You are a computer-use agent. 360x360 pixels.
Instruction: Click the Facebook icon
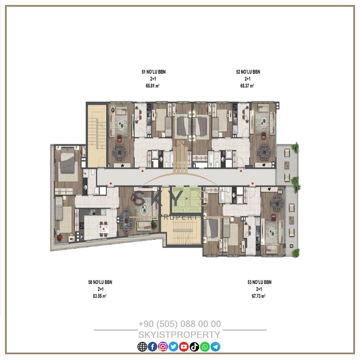point(153,347)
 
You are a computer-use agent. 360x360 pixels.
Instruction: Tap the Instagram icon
point(163,347)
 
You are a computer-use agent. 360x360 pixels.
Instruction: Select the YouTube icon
point(184,347)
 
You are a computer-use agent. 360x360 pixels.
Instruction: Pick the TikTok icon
point(194,347)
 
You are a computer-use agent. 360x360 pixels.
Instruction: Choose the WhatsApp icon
point(205,347)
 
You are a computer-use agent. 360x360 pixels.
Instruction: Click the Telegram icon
point(215,347)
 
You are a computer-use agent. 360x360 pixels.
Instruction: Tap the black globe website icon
point(142,347)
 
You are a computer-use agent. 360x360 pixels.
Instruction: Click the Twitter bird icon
point(173,347)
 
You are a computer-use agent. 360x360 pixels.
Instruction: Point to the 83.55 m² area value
point(100,296)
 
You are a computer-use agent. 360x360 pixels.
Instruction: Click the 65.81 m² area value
point(153,86)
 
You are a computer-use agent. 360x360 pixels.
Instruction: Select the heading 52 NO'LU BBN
point(248,72)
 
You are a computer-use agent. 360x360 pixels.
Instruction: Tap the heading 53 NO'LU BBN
point(260,282)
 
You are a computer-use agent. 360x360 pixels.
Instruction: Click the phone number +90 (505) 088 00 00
point(180,324)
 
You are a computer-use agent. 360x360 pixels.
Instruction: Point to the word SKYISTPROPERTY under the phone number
point(180,335)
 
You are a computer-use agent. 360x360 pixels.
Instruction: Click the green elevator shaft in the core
point(187,199)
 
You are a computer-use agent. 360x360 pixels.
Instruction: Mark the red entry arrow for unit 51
point(142,171)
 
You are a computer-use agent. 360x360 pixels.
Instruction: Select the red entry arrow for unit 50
point(110,184)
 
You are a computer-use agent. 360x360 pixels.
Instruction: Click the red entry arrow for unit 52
point(241,171)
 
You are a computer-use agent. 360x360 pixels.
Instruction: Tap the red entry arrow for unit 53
point(252,184)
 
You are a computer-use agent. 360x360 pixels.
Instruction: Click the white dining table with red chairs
point(103,229)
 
